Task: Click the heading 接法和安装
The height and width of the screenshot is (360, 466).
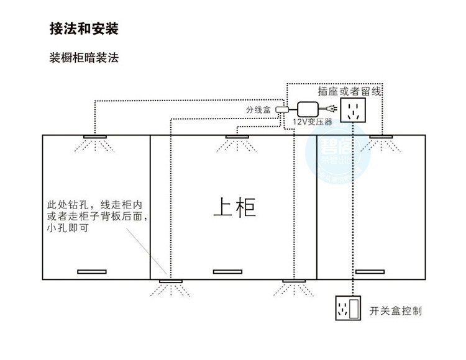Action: coord(84,29)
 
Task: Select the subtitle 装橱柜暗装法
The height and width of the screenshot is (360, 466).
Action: coord(84,59)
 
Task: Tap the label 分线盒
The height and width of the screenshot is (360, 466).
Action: coord(258,110)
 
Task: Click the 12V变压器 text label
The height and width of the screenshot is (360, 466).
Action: coord(313,122)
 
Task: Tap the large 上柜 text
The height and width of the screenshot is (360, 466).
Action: coord(234,207)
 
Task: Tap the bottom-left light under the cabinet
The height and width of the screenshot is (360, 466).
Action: coord(171,282)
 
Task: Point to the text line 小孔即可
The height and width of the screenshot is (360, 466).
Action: coord(67,228)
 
